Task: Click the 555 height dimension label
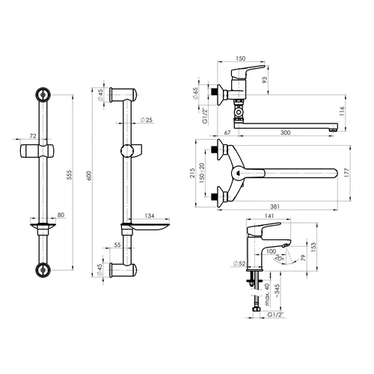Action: (70, 175)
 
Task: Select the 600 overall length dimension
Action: (89, 176)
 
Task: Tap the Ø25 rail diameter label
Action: (147, 120)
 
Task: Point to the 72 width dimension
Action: (33, 136)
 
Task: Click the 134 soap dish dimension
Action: (150, 215)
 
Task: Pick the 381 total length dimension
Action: (275, 206)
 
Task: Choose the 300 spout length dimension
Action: (286, 132)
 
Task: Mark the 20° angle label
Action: (280, 258)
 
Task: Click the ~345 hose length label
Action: (277, 291)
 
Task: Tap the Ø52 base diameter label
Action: (239, 263)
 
